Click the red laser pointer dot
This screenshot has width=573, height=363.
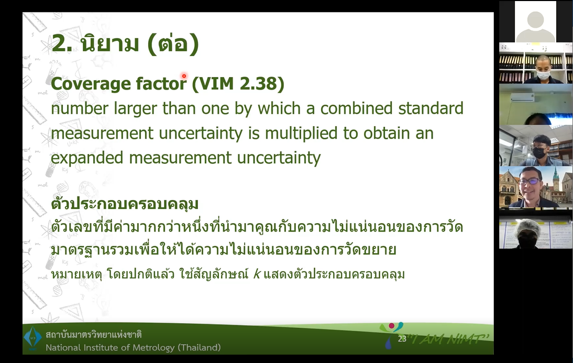(184, 76)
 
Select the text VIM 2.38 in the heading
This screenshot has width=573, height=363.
(238, 84)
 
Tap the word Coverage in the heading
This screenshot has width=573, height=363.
(91, 85)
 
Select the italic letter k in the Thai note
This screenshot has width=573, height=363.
(257, 274)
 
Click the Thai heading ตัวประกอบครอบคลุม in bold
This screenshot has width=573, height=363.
(125, 203)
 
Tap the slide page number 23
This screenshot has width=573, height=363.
(402, 339)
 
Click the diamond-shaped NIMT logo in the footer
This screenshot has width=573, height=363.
(33, 338)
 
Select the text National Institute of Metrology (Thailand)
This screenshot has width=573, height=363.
(133, 347)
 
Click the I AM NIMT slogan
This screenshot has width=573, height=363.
(449, 339)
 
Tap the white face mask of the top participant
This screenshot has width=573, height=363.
(543, 75)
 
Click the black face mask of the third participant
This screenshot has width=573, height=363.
(540, 152)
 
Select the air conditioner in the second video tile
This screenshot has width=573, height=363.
(522, 97)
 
